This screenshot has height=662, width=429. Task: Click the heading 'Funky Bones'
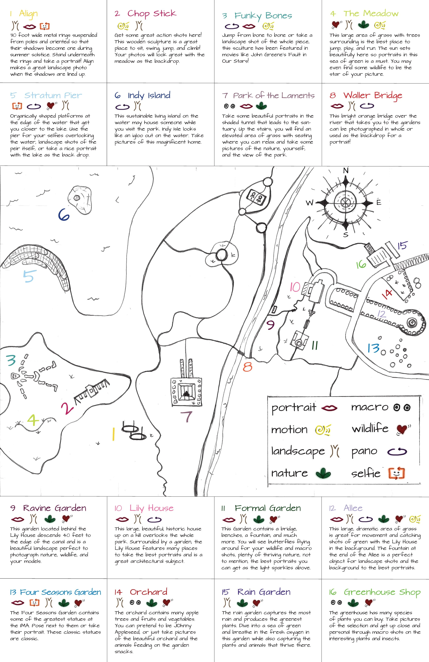point(263,16)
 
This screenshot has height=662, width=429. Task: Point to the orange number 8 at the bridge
point(247,367)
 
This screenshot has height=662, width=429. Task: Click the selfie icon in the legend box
point(396,473)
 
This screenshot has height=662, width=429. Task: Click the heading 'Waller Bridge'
point(373,95)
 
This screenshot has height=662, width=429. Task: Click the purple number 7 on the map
point(186,416)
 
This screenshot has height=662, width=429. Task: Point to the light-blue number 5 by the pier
point(28,276)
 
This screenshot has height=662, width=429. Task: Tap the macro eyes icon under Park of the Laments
point(229,106)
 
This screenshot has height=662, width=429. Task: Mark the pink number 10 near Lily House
point(295,287)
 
